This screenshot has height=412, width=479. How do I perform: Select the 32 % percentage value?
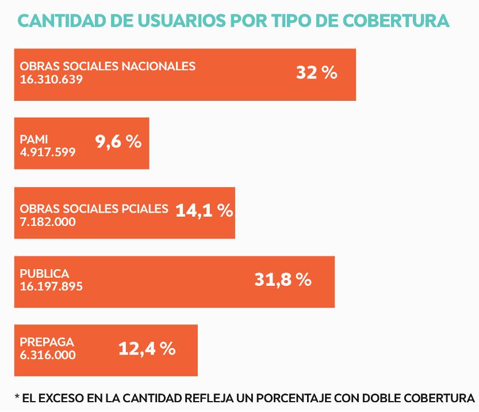click(x=316, y=73)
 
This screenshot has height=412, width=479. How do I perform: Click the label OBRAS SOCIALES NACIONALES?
click(x=108, y=66)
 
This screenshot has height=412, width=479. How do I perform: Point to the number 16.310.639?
click(x=51, y=80)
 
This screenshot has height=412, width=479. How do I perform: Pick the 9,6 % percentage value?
click(x=118, y=142)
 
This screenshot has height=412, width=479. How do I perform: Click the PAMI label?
click(x=33, y=139)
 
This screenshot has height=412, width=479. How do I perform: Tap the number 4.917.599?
click(x=47, y=152)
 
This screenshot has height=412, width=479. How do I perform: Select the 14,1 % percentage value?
click(x=204, y=211)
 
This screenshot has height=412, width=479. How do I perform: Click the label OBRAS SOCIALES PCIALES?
click(x=94, y=208)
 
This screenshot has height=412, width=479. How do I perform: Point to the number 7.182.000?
click(x=47, y=221)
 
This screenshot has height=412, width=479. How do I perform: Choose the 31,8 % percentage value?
click(x=282, y=280)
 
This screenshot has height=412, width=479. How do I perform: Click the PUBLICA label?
click(x=44, y=274)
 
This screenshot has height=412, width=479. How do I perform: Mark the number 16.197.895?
click(x=51, y=286)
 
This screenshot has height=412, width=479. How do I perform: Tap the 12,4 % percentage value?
click(x=147, y=349)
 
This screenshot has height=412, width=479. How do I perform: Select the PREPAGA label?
click(x=47, y=342)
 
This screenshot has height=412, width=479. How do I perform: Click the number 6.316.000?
click(x=47, y=356)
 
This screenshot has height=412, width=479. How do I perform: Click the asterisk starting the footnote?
click(x=17, y=398)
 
